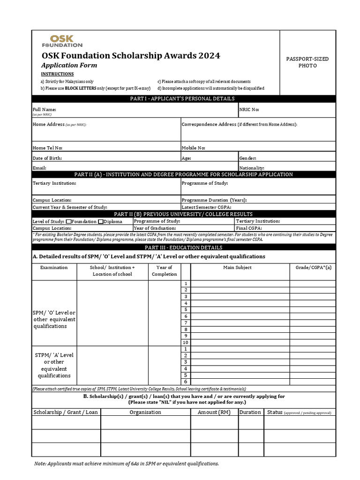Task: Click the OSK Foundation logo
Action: point(62,40)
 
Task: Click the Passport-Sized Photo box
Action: point(307,62)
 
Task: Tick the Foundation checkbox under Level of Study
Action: point(69,221)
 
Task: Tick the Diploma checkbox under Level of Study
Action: point(101,221)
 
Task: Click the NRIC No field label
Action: point(249,110)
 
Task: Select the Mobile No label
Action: point(193,148)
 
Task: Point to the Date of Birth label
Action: point(47,158)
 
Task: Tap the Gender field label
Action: point(247,158)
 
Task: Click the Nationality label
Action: point(252,167)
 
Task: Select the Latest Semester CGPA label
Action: point(206,207)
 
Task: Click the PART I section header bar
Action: point(183,98)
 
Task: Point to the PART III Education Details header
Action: point(183,247)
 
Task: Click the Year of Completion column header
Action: point(164,271)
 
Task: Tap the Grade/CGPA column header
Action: point(313,268)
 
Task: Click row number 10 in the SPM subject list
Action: point(186,343)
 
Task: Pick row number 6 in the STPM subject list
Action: point(186,382)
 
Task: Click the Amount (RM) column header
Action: point(214,412)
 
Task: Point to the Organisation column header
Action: point(145,412)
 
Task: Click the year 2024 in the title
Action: point(209,56)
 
